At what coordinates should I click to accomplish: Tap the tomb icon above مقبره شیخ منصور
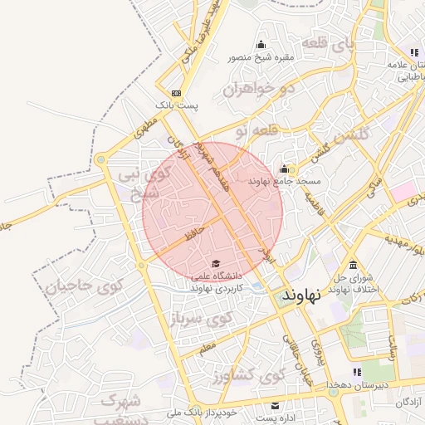[x=261, y=45]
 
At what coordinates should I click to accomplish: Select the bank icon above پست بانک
[x=176, y=93]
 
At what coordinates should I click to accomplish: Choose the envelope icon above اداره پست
[x=275, y=405]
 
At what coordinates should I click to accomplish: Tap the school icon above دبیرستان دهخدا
[x=357, y=372]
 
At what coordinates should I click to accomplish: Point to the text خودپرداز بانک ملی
[x=202, y=412]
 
